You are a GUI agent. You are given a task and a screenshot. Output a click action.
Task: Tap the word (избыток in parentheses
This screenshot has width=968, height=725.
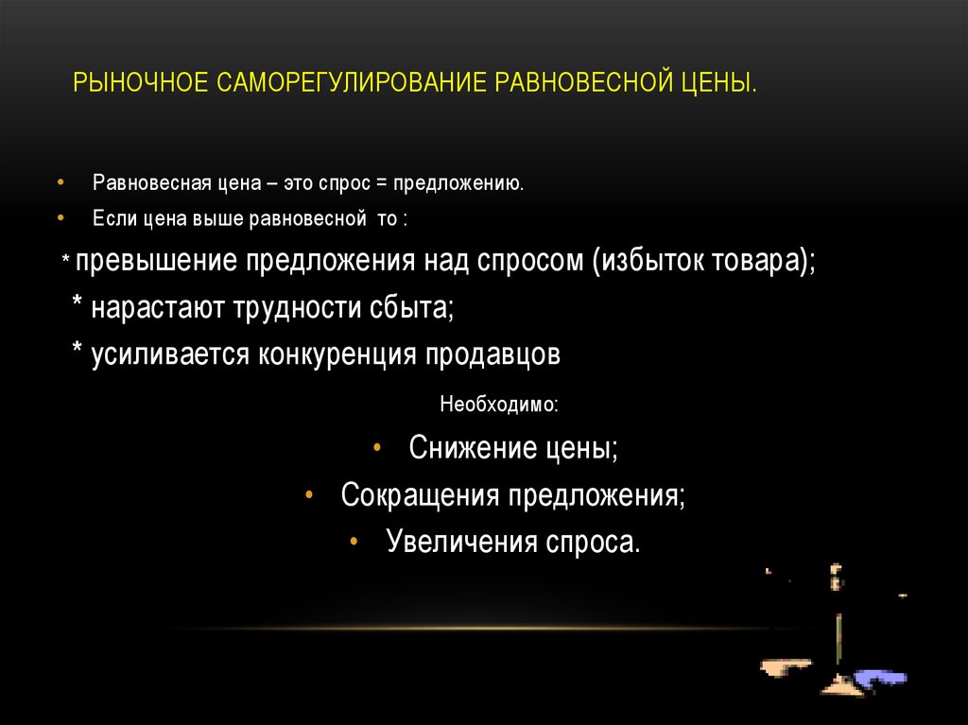point(643,262)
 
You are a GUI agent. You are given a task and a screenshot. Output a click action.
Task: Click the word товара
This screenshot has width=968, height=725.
point(756,262)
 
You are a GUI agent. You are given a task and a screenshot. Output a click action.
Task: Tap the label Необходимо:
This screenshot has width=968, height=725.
point(499,405)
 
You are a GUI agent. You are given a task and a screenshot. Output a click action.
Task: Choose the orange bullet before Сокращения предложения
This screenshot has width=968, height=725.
point(310,494)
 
